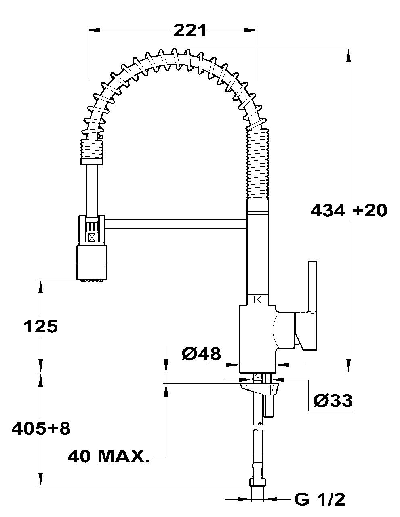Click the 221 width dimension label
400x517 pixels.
tap(189, 31)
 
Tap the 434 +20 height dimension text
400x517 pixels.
tap(349, 210)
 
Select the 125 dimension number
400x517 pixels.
tap(41, 326)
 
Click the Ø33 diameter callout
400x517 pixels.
tap(333, 400)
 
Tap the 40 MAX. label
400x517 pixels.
tap(109, 456)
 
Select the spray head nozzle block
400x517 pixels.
tap(92, 262)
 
